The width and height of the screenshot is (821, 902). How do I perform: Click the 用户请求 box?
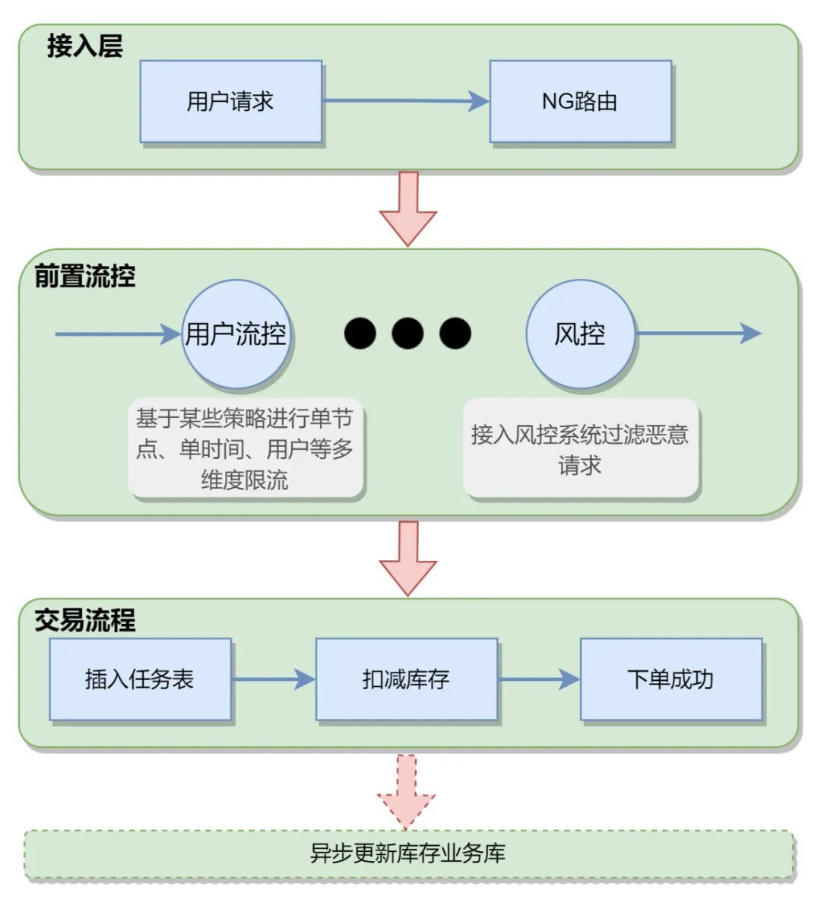tap(230, 101)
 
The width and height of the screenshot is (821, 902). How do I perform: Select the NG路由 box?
tap(580, 101)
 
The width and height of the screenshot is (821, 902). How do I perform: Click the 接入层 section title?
tap(84, 46)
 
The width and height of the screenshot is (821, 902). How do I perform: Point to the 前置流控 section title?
tap(84, 276)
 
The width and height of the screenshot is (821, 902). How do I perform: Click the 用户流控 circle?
tap(236, 334)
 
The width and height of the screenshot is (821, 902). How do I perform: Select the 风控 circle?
tap(580, 334)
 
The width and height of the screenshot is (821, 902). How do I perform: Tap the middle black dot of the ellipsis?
tap(407, 333)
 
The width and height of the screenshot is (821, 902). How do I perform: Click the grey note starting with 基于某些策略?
tap(245, 448)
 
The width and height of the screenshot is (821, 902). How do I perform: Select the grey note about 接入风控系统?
tap(580, 448)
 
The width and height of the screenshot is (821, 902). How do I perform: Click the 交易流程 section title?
tap(84, 620)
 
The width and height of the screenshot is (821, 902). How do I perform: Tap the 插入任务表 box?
tap(140, 679)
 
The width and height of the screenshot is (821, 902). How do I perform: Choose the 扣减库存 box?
tap(406, 679)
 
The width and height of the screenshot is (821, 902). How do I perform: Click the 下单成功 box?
tap(670, 679)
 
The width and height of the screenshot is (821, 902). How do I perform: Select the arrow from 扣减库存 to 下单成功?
tap(539, 679)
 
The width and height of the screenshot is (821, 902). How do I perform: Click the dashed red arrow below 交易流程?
tap(407, 790)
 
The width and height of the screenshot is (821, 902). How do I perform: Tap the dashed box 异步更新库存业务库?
tap(408, 853)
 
